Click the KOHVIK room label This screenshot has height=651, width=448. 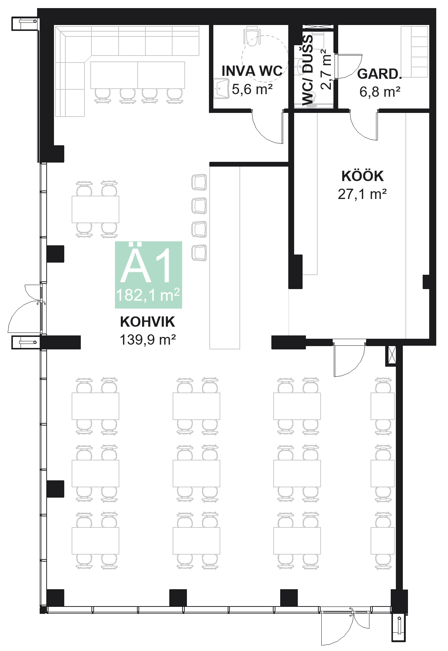pyautogui.click(x=147, y=322)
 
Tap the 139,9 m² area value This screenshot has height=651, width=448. pyautogui.click(x=147, y=339)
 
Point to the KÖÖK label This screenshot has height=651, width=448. pyautogui.click(x=362, y=176)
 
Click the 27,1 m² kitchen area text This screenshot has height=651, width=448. pyautogui.click(x=362, y=194)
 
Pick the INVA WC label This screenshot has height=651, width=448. pyautogui.click(x=252, y=71)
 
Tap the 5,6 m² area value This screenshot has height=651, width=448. pyautogui.click(x=252, y=89)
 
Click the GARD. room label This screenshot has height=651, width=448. pyautogui.click(x=379, y=74)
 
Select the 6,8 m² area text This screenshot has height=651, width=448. pyautogui.click(x=379, y=92)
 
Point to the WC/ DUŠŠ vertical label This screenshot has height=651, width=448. pyautogui.click(x=308, y=70)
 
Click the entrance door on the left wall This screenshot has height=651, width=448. pyautogui.click(x=26, y=309)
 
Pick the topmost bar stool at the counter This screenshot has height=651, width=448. pyautogui.click(x=199, y=182)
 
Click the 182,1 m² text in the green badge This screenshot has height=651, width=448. pyautogui.click(x=148, y=295)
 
